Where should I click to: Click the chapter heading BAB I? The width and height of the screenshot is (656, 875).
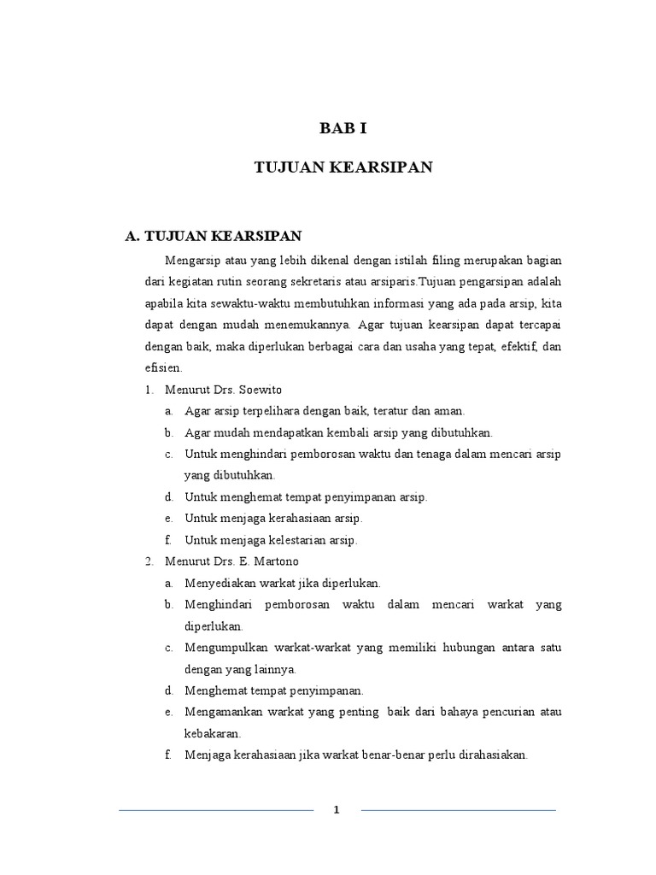pos(343,129)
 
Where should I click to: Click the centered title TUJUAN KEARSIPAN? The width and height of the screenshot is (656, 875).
pos(343,167)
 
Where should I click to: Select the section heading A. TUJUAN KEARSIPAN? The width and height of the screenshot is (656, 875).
pos(213,236)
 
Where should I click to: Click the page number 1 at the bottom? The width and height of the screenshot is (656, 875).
pos(337,811)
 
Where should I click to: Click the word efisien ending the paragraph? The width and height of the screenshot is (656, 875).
pos(163,367)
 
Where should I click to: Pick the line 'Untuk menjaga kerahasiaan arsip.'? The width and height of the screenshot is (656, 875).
pos(273,519)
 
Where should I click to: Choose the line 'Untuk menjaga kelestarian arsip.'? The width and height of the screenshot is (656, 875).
pos(271,540)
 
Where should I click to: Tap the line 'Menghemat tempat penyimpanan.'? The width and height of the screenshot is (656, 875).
pos(274,690)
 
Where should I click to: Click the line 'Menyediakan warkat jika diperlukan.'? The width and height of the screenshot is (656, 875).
pos(282,583)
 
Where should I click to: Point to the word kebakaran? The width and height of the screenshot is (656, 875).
pos(213,733)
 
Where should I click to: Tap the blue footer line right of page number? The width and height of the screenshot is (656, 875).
pos(458,810)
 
